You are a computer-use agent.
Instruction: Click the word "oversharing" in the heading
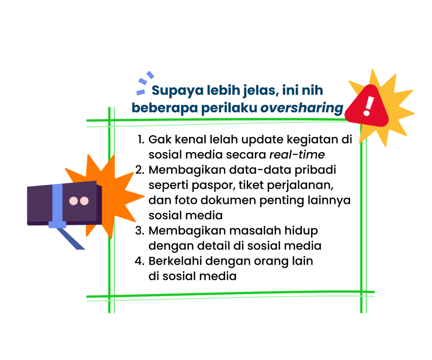click(x=302, y=108)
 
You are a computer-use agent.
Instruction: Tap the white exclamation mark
click(x=368, y=106)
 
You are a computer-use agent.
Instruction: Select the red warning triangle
click(x=367, y=106)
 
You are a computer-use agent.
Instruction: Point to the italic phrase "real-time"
click(x=297, y=154)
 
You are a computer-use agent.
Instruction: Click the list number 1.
click(x=141, y=139)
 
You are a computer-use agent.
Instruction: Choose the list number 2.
click(x=140, y=170)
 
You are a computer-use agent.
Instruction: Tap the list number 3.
click(x=140, y=230)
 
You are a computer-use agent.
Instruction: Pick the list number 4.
click(x=140, y=261)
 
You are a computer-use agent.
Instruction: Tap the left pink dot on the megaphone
click(x=73, y=201)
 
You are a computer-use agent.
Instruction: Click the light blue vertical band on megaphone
click(x=57, y=206)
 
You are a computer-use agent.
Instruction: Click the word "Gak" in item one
click(x=160, y=139)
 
